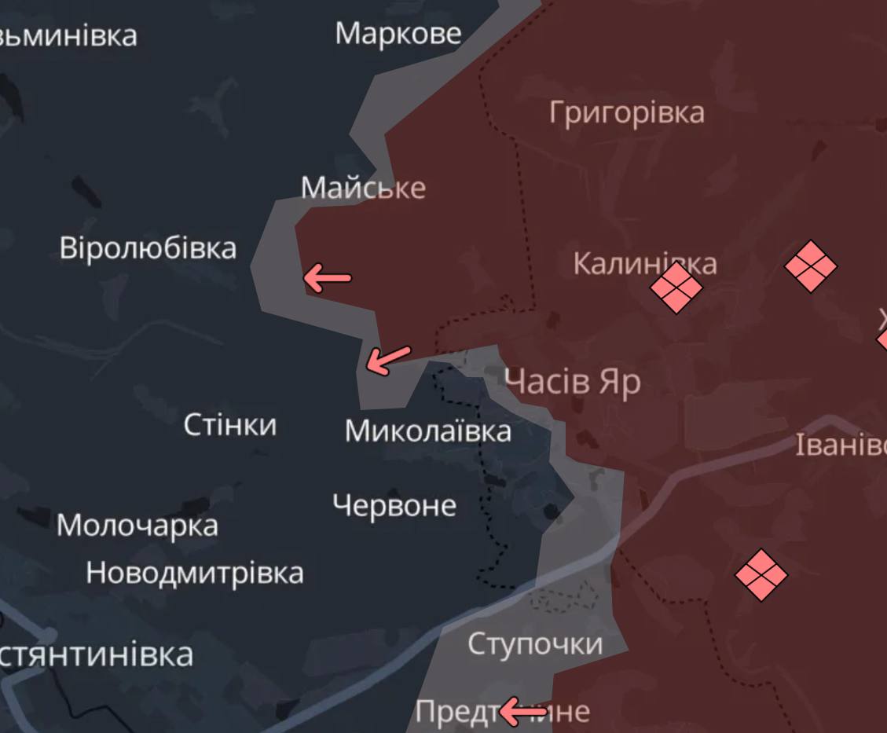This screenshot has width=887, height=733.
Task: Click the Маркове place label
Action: point(398,34)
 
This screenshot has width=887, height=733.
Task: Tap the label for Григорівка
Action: point(626,112)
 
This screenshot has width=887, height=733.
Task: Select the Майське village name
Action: point(363,188)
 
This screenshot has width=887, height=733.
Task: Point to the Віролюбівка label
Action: point(148,248)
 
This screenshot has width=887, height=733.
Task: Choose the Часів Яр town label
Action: point(572,383)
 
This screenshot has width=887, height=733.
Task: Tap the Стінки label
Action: point(229,425)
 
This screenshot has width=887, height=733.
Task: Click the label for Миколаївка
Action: point(427,431)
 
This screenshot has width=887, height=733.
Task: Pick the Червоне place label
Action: point(394,505)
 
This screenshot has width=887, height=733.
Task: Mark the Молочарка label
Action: point(137,525)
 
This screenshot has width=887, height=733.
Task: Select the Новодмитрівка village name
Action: point(194,573)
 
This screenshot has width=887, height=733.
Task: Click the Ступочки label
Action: point(534,644)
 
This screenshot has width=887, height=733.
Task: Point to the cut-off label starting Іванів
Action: point(841,445)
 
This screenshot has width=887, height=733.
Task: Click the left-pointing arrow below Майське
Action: point(327,277)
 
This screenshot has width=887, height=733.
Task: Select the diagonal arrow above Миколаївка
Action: point(388,360)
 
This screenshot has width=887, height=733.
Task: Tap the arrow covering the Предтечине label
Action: point(522,713)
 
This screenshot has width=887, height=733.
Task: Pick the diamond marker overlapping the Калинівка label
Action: point(676,288)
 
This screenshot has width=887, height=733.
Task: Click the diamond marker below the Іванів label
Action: point(761,575)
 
